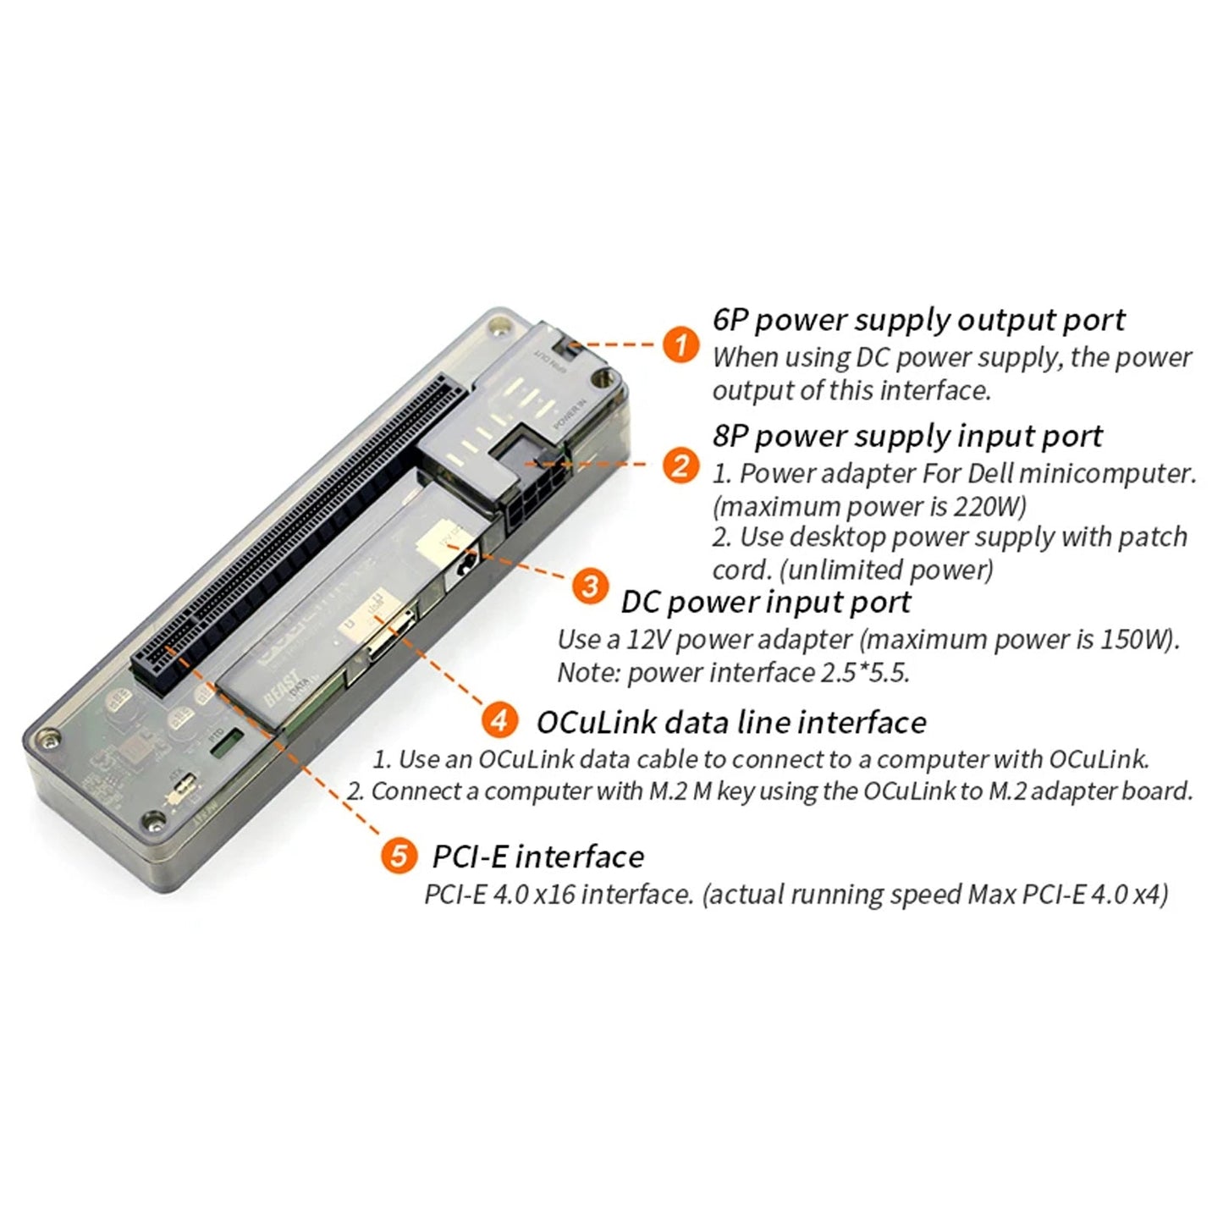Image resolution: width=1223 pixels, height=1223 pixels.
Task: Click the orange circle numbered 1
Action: click(680, 345)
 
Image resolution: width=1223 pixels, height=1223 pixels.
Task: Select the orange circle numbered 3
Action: click(591, 586)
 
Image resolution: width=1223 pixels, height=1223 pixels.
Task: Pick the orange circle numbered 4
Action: click(499, 720)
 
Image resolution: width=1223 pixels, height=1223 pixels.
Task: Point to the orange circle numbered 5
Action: click(398, 856)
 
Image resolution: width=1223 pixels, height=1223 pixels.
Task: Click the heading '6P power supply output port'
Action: click(918, 320)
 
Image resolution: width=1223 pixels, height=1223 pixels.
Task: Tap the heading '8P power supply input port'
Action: click(907, 436)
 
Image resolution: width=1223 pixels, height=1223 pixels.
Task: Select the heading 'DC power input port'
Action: click(765, 602)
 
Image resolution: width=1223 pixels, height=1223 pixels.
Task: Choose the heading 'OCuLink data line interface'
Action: click(731, 722)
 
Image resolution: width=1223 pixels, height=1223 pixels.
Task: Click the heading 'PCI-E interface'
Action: click(538, 857)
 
